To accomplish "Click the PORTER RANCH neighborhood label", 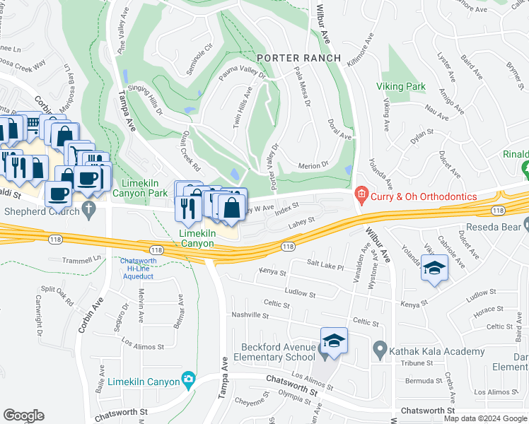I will (298, 57).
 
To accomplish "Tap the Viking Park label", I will (405, 86).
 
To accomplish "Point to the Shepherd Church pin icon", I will (88, 209).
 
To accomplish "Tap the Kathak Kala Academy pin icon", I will (380, 349).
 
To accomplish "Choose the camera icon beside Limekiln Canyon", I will (188, 380).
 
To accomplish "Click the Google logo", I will (24, 415).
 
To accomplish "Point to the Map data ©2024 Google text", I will (484, 418).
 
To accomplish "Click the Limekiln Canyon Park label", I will (139, 188).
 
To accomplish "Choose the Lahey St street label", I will (300, 225).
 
